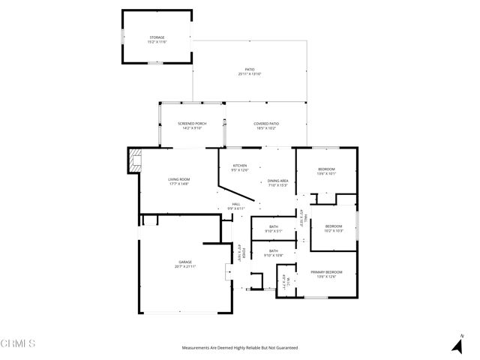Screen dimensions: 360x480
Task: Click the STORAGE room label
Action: tap(157, 38)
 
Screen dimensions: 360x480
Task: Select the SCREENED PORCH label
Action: tap(192, 124)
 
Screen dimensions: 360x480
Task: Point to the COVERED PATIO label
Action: tap(265, 124)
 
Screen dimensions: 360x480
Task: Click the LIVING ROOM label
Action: tap(178, 181)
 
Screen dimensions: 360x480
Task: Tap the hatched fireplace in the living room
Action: tap(135, 160)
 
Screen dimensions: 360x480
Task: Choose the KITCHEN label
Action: tap(239, 167)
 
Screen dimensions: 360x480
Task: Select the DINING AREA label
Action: tap(278, 182)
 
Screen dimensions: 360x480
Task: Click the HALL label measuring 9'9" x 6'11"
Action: tap(235, 205)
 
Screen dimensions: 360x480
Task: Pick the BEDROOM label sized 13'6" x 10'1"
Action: tap(326, 171)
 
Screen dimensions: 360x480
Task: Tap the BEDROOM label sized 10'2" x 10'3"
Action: tap(333, 228)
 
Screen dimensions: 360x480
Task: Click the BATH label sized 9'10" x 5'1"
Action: tap(274, 228)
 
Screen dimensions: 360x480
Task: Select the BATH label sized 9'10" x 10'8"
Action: tap(274, 253)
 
